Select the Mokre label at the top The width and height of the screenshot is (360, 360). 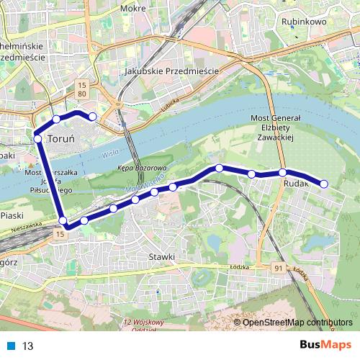click(x=133, y=9)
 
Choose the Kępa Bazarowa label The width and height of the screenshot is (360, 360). click(x=136, y=167)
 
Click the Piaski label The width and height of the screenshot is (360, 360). click(x=12, y=215)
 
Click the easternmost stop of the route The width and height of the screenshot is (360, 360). click(x=323, y=184)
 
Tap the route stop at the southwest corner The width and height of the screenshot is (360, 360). click(x=63, y=221)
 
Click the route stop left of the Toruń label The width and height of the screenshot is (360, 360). click(x=37, y=138)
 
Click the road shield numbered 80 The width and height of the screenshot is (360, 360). click(x=82, y=94)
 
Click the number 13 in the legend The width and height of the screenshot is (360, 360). click(x=28, y=346)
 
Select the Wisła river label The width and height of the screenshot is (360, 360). click(x=109, y=153)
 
